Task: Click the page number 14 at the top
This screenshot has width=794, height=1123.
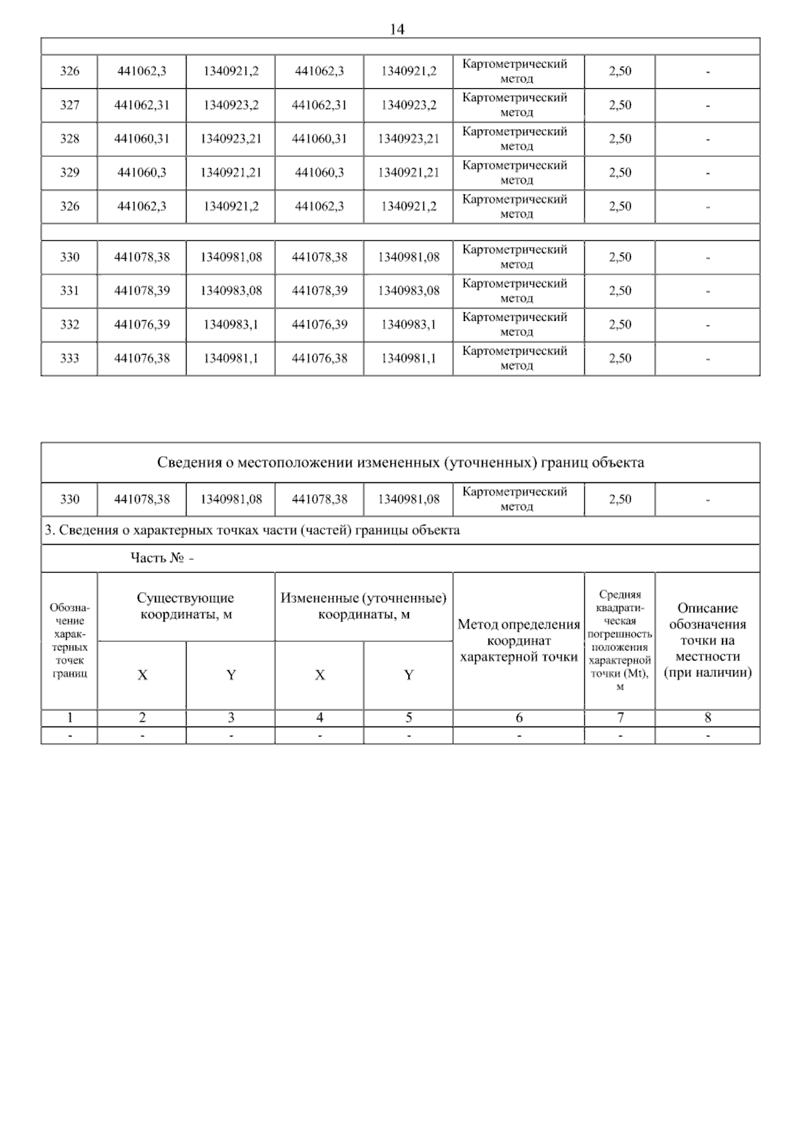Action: (x=397, y=29)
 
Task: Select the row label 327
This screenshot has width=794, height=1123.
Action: (x=69, y=105)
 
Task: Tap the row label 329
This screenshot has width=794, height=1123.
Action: (x=69, y=173)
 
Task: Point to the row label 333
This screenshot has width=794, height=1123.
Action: (x=69, y=359)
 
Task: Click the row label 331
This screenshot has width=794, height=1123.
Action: (x=69, y=291)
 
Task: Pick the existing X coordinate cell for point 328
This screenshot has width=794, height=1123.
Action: (x=142, y=139)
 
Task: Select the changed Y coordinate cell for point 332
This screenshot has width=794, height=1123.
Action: (x=408, y=325)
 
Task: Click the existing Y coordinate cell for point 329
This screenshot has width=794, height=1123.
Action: (x=231, y=173)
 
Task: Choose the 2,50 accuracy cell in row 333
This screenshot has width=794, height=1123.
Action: (x=620, y=359)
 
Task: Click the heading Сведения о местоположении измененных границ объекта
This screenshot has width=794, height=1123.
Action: (x=400, y=463)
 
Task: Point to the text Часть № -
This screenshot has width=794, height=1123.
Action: (x=162, y=559)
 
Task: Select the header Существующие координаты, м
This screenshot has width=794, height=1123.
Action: (x=185, y=606)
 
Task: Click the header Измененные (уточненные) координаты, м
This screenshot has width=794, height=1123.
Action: (x=363, y=606)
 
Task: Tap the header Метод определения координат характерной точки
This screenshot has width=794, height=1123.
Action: (x=518, y=641)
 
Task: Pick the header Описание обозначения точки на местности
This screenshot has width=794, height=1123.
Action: (x=707, y=640)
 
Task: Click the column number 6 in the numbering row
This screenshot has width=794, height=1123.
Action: (x=519, y=718)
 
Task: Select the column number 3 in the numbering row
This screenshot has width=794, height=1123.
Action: (x=231, y=718)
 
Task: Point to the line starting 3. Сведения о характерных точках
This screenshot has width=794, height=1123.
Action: (x=251, y=531)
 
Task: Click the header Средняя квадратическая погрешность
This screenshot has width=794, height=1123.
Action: (x=620, y=641)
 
